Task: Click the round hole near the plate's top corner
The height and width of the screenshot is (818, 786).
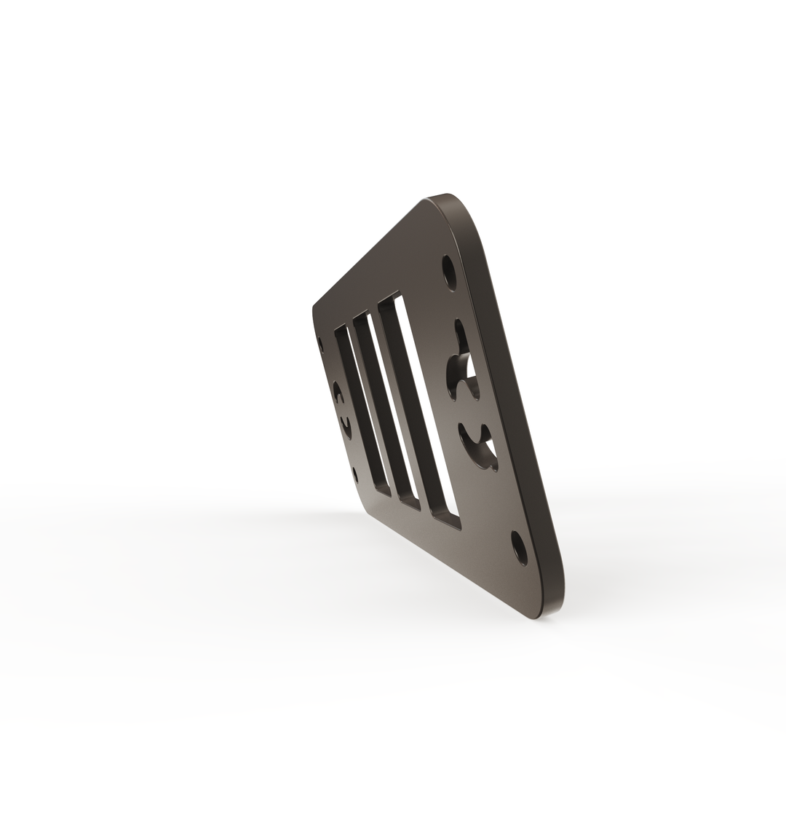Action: [x=449, y=272]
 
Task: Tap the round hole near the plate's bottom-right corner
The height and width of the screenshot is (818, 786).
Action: [x=519, y=548]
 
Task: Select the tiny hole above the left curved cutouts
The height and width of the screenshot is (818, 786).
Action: [x=321, y=344]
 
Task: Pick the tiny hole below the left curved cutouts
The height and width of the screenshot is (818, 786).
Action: [x=355, y=475]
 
